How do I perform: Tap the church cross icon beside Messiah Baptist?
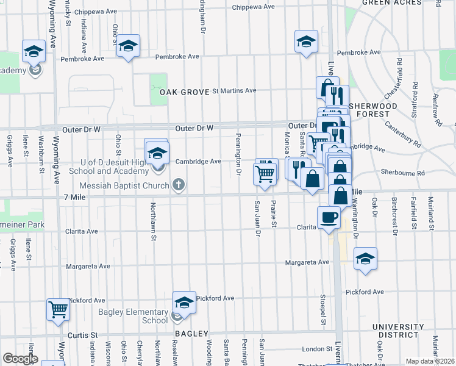(179, 184)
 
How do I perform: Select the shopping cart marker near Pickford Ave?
(59, 309)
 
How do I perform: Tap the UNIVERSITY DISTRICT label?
(396, 331)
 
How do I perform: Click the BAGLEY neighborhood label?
(192, 334)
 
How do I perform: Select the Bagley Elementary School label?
(133, 316)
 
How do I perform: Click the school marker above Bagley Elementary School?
(184, 302)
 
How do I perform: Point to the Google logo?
(20, 359)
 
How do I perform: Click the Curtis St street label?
(85, 335)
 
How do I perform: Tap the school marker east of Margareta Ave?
(365, 258)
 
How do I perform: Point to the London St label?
(316, 349)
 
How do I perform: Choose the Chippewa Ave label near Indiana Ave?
(98, 11)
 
